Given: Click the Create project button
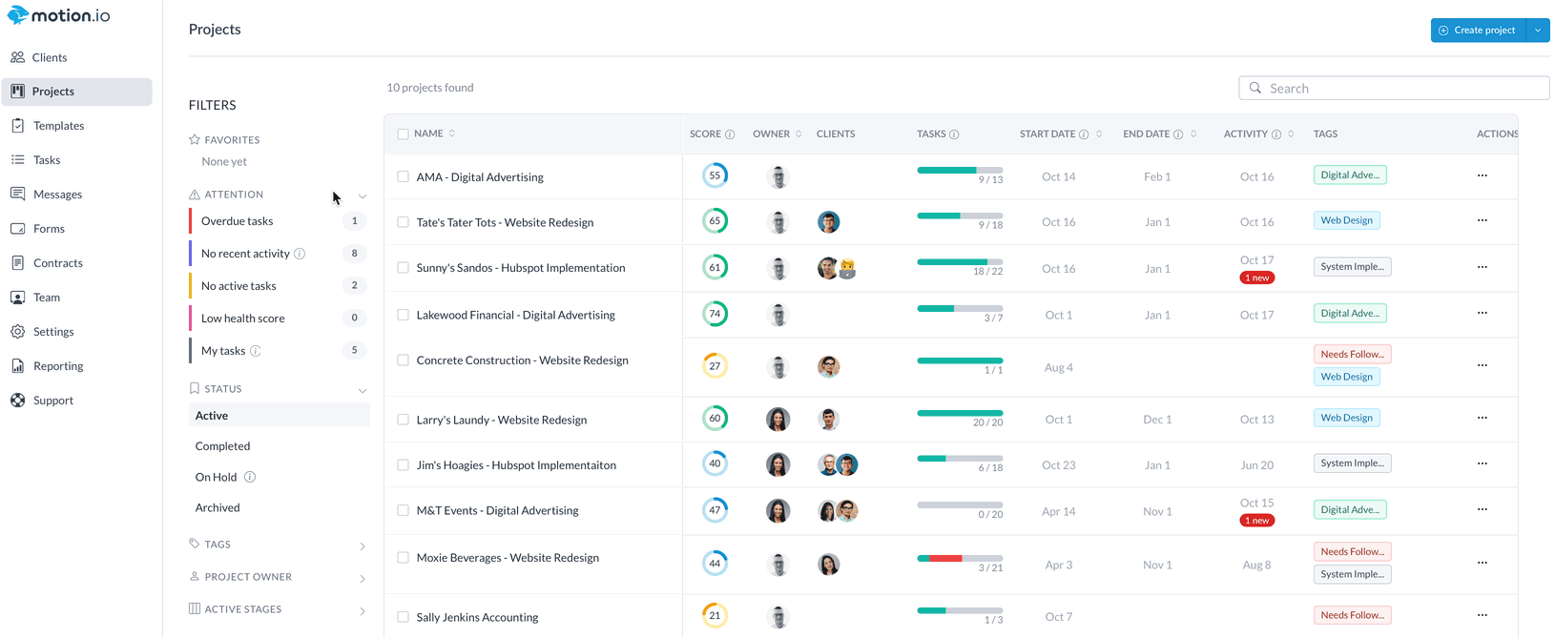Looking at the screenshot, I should point(1478,31).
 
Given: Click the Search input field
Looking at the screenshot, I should point(1402,89).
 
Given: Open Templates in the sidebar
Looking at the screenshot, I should point(58,126).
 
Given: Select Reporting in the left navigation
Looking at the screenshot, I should point(58,366).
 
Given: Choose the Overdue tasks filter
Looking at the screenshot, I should point(238,221).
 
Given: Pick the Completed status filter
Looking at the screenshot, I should point(222,446).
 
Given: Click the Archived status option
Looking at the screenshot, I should point(218,508).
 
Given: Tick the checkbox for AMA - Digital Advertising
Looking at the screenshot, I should point(403,177).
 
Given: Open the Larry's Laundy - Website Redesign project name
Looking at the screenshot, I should point(501,420).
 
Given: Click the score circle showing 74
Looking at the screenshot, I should point(715,314).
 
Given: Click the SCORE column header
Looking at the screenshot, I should point(706,134).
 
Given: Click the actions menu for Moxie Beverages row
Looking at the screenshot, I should point(1482,563).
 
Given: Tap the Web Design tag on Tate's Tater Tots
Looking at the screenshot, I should point(1346,220).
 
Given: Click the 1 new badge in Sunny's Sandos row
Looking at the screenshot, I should point(1256,278).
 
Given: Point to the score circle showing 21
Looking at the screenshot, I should point(715,616).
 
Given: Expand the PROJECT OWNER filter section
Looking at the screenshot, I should point(248,577).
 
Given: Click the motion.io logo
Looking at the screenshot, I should point(59,15).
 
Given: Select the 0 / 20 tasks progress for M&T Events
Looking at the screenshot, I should point(960,509).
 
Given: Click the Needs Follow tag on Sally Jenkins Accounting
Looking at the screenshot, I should point(1352,615).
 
